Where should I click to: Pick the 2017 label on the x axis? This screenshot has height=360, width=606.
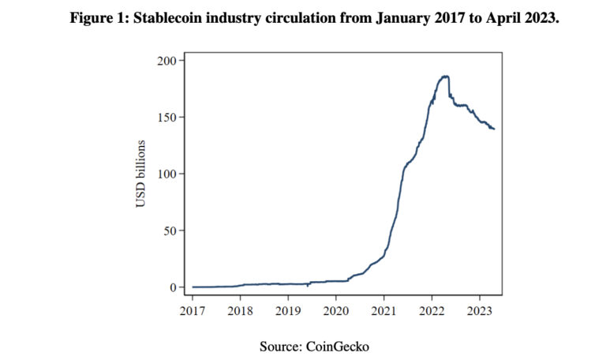coord(193,309)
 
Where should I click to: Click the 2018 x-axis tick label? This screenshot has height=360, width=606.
coord(240,309)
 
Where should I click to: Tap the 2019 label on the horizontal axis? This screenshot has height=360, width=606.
coord(288,309)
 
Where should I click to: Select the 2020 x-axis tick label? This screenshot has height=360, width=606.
coord(335,309)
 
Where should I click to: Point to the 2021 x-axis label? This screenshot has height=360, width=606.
coord(383,309)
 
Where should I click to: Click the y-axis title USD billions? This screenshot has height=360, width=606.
coord(141,174)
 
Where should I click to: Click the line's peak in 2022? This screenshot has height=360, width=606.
coord(445,76)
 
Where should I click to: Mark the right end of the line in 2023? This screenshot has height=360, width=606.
coord(494,129)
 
